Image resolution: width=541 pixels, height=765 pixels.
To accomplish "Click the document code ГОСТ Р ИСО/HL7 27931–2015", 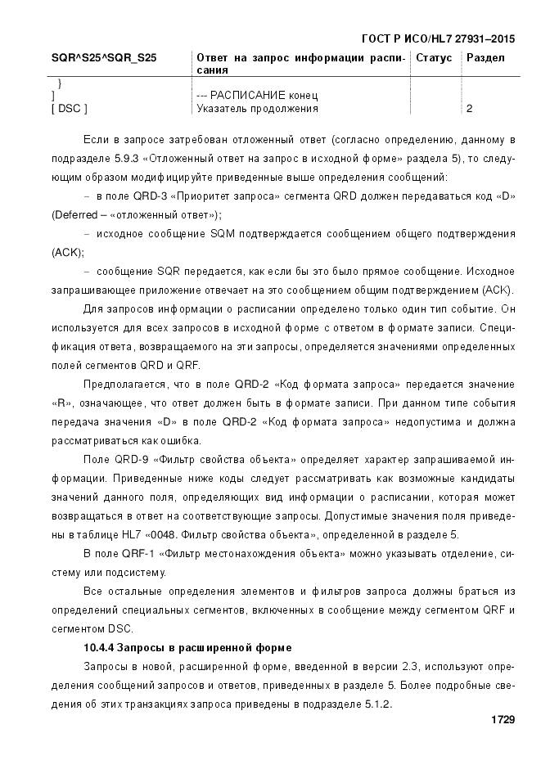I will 437,38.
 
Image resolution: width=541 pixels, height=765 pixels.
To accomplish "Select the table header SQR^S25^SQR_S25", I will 104,58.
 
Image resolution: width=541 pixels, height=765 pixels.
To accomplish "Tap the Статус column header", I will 434,58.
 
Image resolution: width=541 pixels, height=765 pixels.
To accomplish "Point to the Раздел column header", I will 485,58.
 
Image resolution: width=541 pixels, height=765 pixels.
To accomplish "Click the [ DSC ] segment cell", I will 70,108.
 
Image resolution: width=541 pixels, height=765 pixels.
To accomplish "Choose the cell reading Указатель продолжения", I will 257,108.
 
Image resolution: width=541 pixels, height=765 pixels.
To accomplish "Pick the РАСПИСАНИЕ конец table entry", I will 257,96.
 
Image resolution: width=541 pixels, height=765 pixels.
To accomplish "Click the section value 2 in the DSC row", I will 469,108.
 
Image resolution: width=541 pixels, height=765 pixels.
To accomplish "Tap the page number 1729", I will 502,720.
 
